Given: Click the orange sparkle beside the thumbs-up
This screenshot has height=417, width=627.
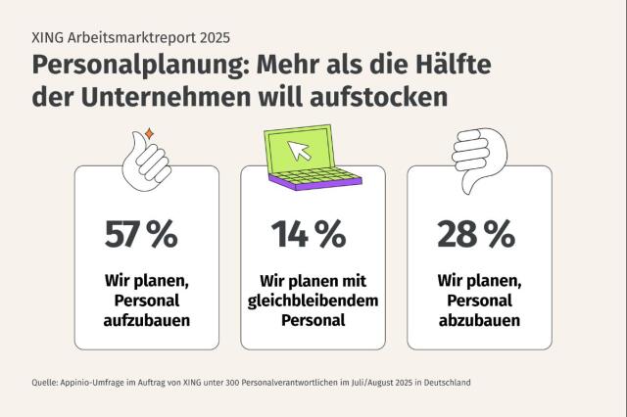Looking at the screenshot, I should tap(148, 132).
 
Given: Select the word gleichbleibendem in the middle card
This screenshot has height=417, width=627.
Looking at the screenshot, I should tap(310, 301).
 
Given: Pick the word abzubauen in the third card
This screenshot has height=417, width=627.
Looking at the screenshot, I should tap(479, 320).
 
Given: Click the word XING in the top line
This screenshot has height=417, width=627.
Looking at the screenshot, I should tap(47, 39).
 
